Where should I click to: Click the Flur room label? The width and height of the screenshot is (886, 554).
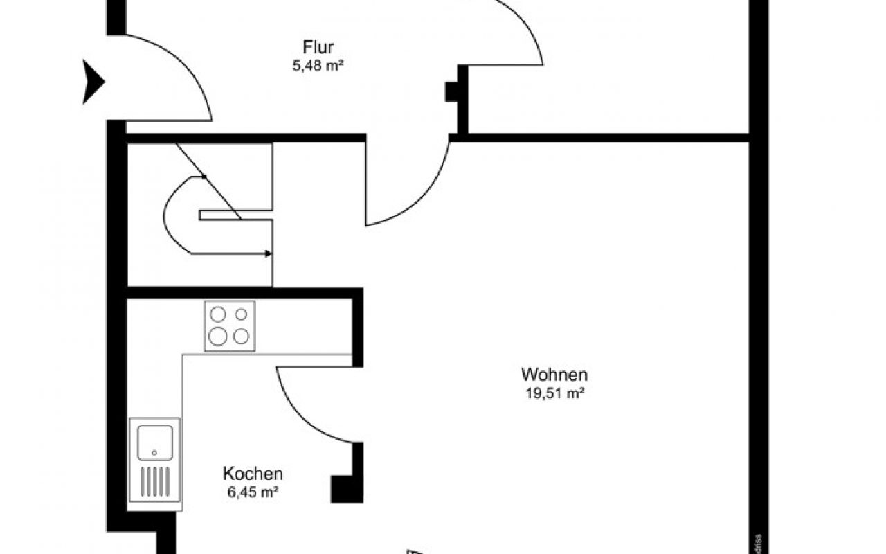pos(318,48)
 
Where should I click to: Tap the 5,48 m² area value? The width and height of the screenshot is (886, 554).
pos(318,67)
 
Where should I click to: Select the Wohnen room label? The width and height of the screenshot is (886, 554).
pos(554,375)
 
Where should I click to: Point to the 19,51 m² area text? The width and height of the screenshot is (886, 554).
pos(554,394)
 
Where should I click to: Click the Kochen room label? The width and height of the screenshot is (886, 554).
pos(253,474)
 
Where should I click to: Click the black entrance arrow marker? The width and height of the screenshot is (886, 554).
pos(93,82)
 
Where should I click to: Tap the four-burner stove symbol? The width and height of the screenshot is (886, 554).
pos(229,325)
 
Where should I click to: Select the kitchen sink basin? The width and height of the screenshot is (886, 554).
pos(154,442)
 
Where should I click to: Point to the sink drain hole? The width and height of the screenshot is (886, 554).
pos(154,454)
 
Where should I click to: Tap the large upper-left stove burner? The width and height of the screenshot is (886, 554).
pos(218,315)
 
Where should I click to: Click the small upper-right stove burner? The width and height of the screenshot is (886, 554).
pos(241,314)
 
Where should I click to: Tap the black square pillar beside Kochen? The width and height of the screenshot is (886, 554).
pos(343,489)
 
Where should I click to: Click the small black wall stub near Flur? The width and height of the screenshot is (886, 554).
pos(451,91)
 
